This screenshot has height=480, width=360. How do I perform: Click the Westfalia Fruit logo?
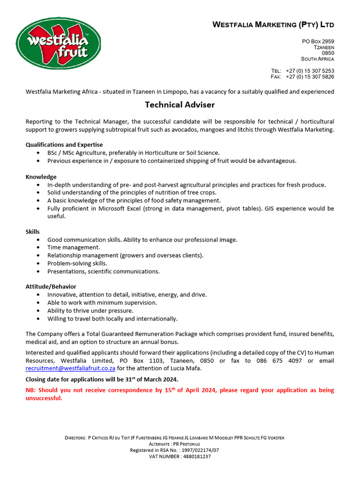[x=58, y=43]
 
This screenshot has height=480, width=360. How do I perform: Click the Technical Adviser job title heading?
[x=180, y=105]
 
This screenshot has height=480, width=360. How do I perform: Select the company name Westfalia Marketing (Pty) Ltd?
[x=273, y=24]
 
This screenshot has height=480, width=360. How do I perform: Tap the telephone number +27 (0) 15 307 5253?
[x=309, y=71]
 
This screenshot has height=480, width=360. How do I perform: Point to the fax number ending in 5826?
[x=309, y=77]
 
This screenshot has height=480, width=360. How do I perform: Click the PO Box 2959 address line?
[x=318, y=42]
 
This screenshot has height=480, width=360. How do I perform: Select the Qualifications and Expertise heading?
[x=64, y=145]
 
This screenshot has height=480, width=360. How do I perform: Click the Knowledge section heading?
[x=41, y=177]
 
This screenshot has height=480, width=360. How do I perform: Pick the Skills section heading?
[x=32, y=232]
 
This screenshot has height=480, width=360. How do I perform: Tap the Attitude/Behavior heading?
[x=51, y=286]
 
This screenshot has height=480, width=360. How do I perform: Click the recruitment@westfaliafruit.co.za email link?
[x=70, y=368]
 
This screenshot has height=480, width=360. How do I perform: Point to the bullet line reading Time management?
[x=74, y=247]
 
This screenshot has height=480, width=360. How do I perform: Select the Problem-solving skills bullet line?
[x=77, y=263]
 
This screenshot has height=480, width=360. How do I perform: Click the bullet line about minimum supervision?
[x=102, y=303]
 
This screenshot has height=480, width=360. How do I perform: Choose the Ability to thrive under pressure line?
[x=90, y=311]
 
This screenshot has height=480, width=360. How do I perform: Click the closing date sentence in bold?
[x=102, y=379]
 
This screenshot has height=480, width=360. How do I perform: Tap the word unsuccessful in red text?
[x=43, y=398]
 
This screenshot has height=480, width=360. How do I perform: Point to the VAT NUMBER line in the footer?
[x=180, y=456]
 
